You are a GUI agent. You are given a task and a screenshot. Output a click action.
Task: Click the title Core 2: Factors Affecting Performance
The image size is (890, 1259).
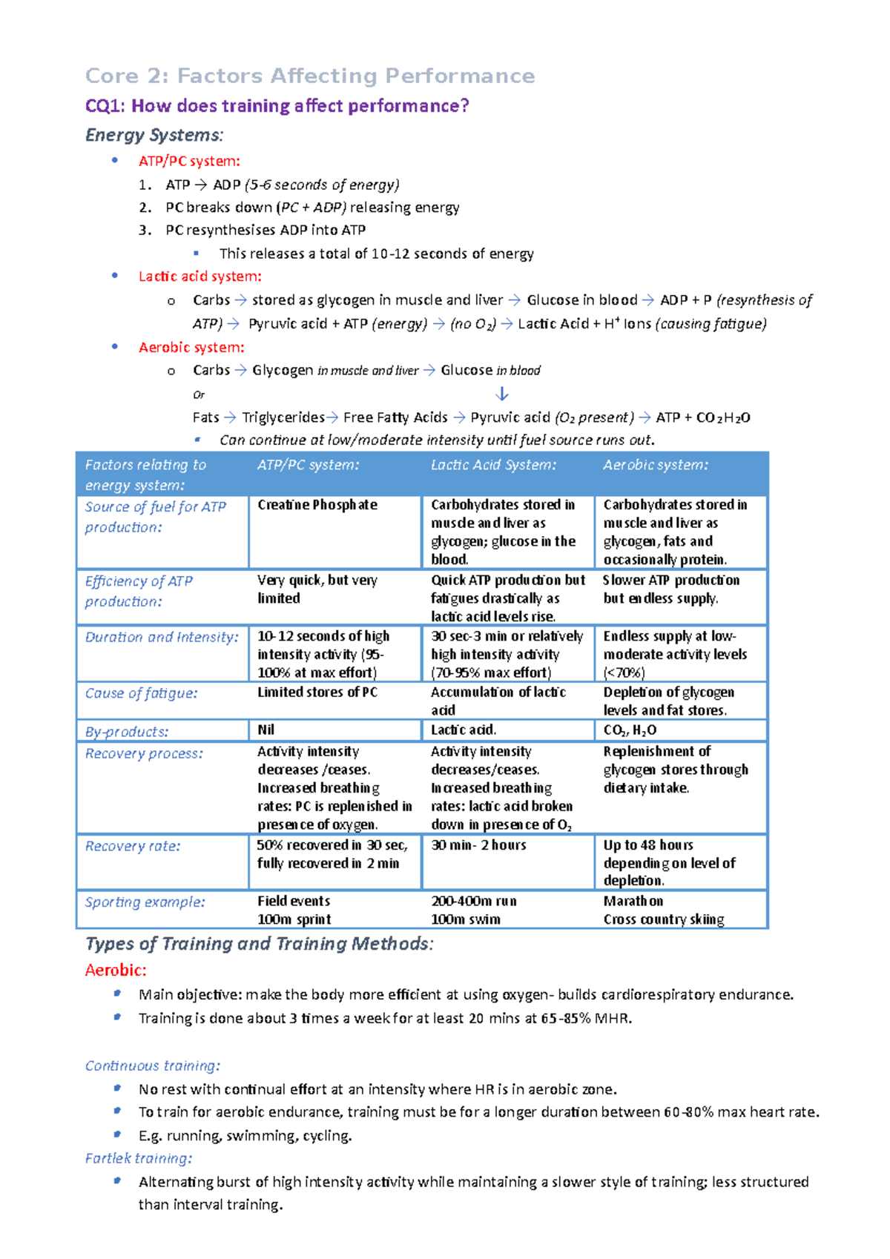point(310,76)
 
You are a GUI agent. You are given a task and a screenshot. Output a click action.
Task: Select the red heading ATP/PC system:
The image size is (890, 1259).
point(189,161)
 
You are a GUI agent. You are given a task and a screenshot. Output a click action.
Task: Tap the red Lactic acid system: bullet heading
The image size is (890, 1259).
point(200,277)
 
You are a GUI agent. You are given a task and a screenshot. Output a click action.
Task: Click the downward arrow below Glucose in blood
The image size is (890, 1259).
point(502,394)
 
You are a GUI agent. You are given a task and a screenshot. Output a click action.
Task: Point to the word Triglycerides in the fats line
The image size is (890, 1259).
point(283,417)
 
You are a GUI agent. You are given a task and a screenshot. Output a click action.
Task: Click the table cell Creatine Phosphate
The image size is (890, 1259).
point(317,505)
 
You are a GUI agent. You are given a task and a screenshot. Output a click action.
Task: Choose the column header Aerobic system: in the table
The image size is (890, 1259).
point(656,465)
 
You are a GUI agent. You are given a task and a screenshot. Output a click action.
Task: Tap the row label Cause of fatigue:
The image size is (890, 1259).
point(141,693)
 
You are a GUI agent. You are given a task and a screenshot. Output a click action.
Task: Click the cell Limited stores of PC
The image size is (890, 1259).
point(317,693)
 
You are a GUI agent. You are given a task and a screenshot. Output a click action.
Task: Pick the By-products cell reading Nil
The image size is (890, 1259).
point(266,730)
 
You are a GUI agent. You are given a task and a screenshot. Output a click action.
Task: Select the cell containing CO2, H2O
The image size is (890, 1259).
point(630,730)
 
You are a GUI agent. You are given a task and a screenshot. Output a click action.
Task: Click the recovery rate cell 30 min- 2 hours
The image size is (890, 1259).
point(478,845)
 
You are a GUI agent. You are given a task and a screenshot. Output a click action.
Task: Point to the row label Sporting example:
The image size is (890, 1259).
point(145,902)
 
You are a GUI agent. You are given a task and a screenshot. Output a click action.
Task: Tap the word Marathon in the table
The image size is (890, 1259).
point(633,901)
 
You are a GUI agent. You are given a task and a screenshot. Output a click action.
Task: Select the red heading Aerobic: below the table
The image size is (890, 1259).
point(116,970)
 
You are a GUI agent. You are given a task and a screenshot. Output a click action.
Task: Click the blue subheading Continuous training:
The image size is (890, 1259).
point(152,1065)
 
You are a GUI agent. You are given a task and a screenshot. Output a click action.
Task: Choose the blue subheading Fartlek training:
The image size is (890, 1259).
point(139,1158)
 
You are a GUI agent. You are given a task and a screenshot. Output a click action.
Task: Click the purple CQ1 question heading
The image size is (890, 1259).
point(277,106)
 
